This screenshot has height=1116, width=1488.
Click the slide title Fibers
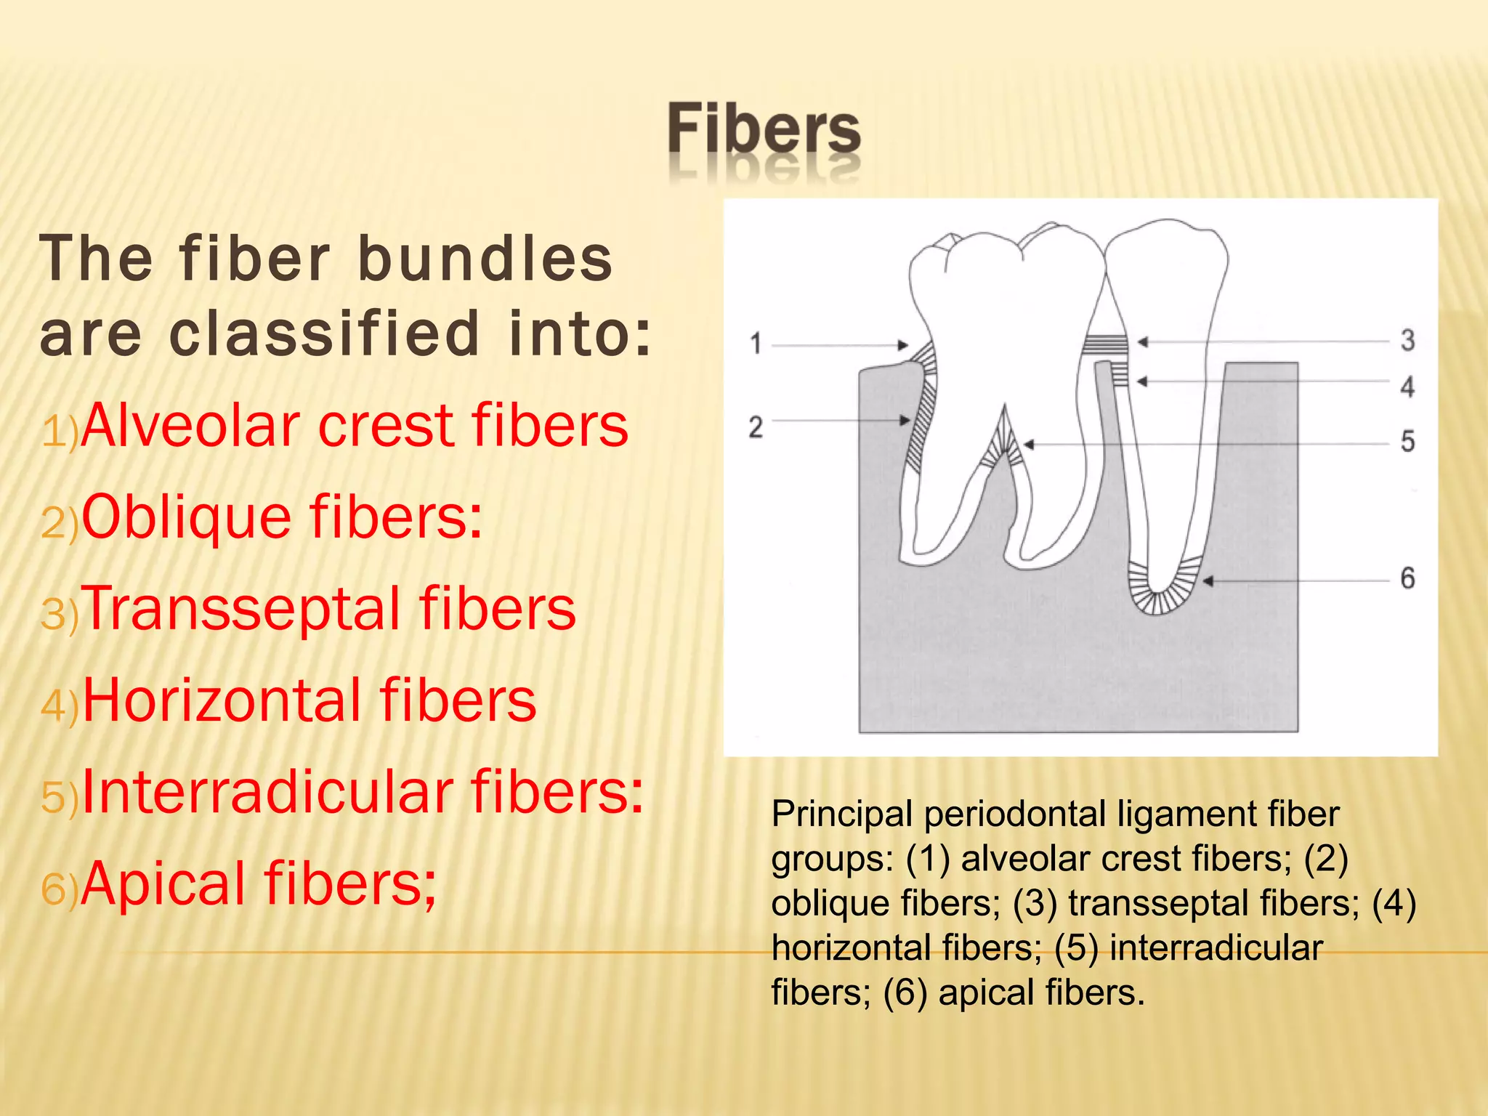pos(764,130)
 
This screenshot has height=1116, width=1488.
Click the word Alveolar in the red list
pos(190,426)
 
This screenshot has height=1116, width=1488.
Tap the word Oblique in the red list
pos(187,517)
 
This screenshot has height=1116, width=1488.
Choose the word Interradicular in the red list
pos(267,792)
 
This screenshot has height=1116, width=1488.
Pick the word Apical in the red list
pos(163,883)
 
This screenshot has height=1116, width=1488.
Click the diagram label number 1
pos(756,343)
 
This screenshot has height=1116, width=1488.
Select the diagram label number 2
pos(756,426)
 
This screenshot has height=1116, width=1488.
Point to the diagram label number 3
pos(1407,340)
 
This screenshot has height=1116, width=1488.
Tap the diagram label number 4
pos(1407,387)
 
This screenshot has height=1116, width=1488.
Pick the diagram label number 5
pos(1407,441)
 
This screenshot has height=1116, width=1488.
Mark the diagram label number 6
pos(1407,578)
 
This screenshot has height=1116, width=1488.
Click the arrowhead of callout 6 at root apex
pos(1208,581)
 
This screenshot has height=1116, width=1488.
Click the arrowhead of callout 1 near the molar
pos(903,345)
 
